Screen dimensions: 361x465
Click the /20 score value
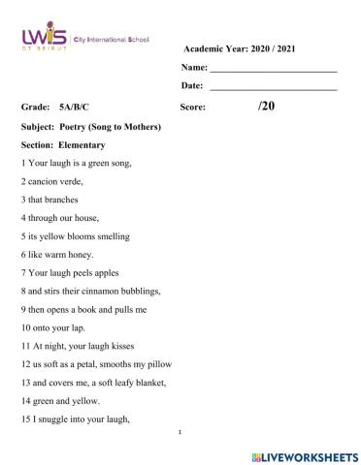tap(266, 107)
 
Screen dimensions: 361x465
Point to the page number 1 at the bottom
tap(181, 433)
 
